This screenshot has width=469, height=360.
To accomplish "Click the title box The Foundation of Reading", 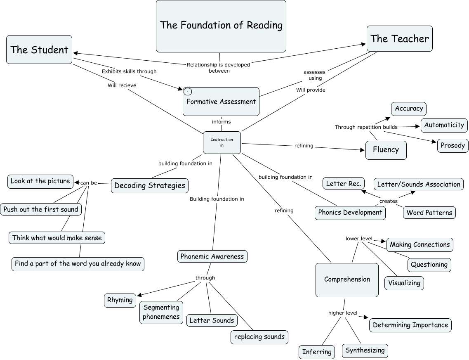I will [221, 26].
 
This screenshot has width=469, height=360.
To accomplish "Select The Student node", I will [39, 50].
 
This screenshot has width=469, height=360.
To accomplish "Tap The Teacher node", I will [399, 39].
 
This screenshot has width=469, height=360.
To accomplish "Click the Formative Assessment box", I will [221, 102].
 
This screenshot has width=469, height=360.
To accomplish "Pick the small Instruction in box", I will [222, 142].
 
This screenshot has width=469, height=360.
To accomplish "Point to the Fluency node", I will [386, 149].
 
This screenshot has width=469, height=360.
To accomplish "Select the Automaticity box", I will [444, 125].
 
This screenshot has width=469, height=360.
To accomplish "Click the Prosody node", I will [453, 145].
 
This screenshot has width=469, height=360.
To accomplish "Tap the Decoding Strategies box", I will [150, 185].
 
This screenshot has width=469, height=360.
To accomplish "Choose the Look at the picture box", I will [40, 181].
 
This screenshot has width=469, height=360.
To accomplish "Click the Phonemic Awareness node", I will [212, 256].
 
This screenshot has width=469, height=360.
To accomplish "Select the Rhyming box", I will [120, 300].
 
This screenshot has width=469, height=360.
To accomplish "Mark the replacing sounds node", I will [259, 336].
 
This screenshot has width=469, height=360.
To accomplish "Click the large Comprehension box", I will [347, 279].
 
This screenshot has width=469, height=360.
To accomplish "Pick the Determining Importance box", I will [410, 325].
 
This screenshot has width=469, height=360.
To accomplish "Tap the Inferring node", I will [317, 352].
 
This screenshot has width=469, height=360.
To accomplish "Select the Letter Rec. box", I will [344, 184].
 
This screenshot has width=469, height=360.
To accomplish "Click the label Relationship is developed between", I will [218, 67].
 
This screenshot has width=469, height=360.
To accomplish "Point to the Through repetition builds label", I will [366, 127].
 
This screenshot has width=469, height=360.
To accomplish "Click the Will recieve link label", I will [122, 85].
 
